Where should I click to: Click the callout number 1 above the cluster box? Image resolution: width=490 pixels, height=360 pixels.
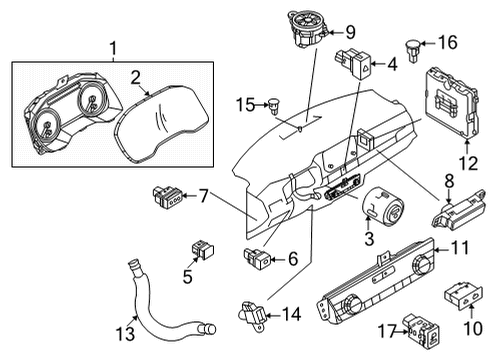pyautogui.click(x=112, y=46)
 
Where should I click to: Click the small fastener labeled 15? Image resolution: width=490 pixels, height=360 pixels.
pyautogui.click(x=275, y=103)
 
